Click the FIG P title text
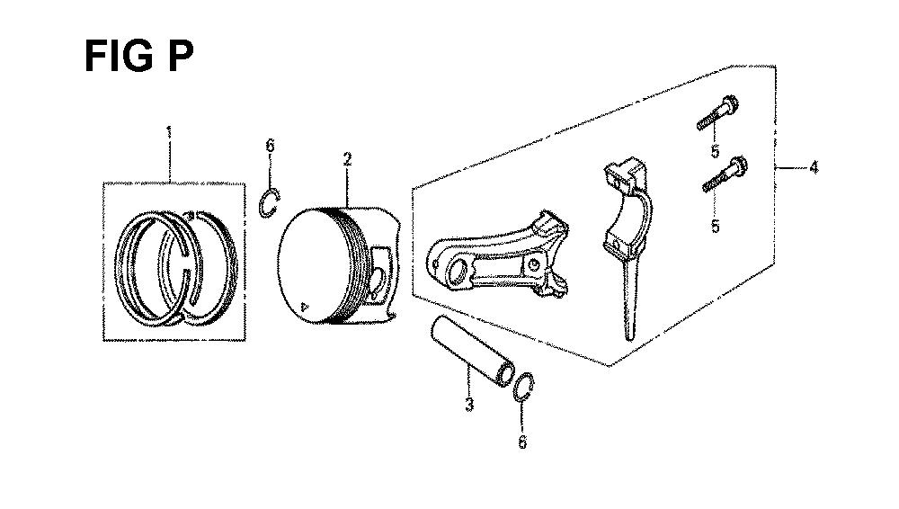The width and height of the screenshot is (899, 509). (x=139, y=57)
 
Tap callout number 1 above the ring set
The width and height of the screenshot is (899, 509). (x=169, y=132)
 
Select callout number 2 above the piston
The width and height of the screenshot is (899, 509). (x=347, y=159)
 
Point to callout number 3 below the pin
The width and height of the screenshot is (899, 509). (x=469, y=404)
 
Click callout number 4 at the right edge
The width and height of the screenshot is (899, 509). (x=814, y=167)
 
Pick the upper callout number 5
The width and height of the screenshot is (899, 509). (x=715, y=151)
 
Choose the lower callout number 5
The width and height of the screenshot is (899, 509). (x=716, y=226)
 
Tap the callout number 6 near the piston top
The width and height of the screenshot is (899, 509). (x=270, y=146)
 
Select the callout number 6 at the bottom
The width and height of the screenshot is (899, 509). (x=522, y=442)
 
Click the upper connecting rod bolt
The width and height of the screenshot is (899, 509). (x=717, y=113)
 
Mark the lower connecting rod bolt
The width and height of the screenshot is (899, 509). (x=725, y=174)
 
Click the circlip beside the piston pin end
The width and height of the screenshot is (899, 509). (x=523, y=388)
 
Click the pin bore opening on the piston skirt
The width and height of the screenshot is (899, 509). (x=378, y=281)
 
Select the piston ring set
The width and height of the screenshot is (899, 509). (x=176, y=268)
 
